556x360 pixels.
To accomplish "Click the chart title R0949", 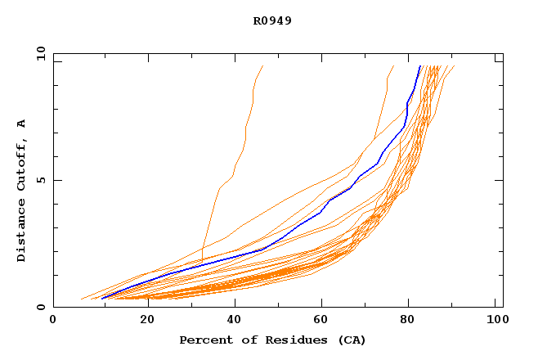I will pos(272,20).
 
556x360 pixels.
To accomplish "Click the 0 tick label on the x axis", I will pos(53,320).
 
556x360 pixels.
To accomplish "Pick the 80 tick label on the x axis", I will pos(407,320).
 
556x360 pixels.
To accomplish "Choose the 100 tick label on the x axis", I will pos(495,320).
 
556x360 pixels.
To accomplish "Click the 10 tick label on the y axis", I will pos(39,54).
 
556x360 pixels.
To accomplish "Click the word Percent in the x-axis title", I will pos(205,340).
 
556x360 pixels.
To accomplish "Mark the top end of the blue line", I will pos(419,66).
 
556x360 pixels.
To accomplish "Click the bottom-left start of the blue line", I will pos(101,299).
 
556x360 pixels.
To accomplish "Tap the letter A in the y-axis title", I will pos(21,124).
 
